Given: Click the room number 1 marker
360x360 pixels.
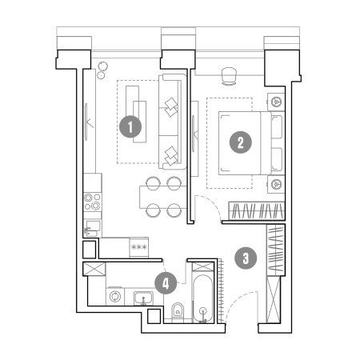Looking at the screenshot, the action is pos(130,126).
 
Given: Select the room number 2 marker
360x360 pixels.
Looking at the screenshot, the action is pos(241,142).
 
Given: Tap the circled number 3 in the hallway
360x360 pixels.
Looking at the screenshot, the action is pos(246,258).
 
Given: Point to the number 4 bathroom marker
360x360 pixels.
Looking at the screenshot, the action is pos(166,283).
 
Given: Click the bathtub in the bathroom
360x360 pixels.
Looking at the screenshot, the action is pos(203,298).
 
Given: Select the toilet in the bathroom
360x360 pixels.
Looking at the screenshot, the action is pos(178,310).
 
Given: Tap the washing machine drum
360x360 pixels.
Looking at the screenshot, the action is pos(115,297).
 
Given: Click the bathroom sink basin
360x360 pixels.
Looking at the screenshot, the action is pos(143,298).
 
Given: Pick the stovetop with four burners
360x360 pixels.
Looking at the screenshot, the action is pos(92,202).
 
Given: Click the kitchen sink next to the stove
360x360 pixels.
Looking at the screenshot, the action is pos(92,228).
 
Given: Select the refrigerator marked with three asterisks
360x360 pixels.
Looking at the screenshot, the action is pos(139,247).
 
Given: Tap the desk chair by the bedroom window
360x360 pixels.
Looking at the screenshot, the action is pos(229,76).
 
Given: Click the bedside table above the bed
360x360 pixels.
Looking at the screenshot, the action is pos(276,102).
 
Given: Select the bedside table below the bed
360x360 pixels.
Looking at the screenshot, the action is pos(276,184).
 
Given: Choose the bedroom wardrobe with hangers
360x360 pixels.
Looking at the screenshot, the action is pos(257,211).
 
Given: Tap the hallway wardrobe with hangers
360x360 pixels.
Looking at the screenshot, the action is pos(276,250).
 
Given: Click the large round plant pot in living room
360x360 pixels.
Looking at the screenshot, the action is pos(102,66).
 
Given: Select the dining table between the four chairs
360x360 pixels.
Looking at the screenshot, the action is pos(162,197).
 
